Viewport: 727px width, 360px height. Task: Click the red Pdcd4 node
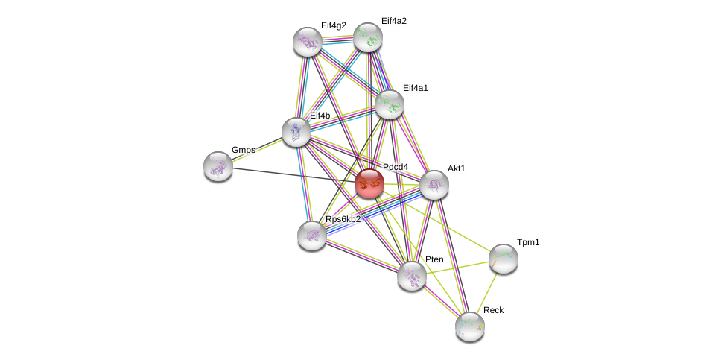coord(369,183)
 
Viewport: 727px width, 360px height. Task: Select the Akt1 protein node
coord(434,185)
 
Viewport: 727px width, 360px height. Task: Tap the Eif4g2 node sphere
coord(308,42)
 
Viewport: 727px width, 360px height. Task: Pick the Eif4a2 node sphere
coord(367,37)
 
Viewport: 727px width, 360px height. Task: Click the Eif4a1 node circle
coord(389,104)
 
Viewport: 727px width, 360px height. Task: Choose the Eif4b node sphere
coord(296,132)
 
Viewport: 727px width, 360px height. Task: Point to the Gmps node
coord(218,166)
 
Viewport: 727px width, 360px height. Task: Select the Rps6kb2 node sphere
coord(312,236)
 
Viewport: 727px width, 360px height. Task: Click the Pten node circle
coord(411,276)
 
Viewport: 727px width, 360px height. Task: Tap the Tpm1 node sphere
coord(504,259)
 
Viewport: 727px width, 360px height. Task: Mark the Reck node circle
coord(470,326)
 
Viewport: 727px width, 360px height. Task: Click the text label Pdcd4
coord(395,167)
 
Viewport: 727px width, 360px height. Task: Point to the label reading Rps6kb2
coord(343,219)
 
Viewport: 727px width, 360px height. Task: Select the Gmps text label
coord(243,150)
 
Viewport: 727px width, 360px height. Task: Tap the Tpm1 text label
coord(528,242)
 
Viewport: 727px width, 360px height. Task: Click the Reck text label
coord(493,310)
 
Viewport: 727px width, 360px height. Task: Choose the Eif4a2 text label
coord(393,21)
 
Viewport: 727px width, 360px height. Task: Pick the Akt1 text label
coord(456,168)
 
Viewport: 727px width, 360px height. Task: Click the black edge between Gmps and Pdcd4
coord(291,174)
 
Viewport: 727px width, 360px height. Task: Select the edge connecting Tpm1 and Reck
coord(487,291)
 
